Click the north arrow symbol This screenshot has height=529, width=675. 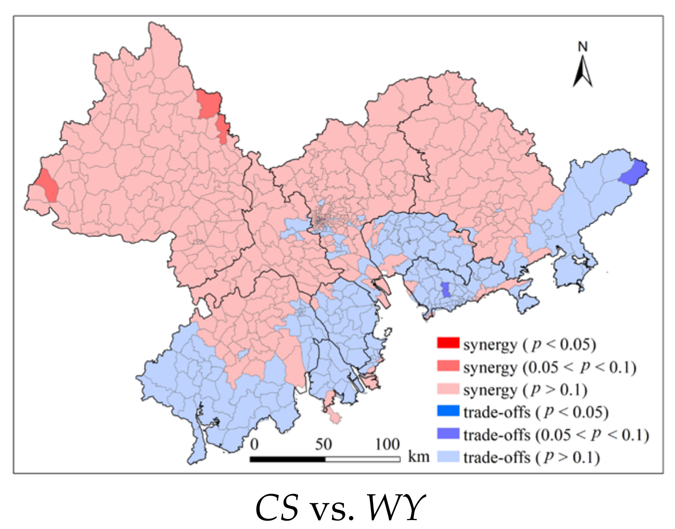pos(582,71)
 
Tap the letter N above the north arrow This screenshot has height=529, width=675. pos(583,47)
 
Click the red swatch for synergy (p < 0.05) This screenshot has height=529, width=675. pos(448,343)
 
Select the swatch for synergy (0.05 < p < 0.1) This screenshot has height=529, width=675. pos(448,366)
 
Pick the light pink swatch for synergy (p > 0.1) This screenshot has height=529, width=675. pos(448,388)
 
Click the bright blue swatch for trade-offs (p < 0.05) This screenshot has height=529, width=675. pos(448,411)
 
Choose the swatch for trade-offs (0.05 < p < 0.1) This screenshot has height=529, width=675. pos(448,433)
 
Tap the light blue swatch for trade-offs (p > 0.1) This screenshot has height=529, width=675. pos(448,456)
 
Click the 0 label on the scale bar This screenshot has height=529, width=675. pos(254,444)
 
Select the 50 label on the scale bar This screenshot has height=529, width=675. pos(323,444)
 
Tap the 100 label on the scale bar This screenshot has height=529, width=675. pos(387,444)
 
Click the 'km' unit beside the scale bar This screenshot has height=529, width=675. pos(418,456)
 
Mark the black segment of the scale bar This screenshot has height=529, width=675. pos(288,459)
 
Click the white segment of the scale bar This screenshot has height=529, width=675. pos(362,459)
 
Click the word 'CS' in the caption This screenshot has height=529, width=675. pos(277,508)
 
